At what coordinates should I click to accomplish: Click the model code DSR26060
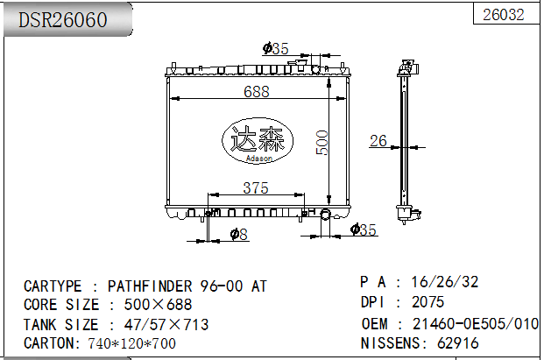64,19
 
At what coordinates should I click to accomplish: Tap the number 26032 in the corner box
505,14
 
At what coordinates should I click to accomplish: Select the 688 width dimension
256,91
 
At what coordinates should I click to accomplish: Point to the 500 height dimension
321,142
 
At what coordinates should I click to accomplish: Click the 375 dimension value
255,188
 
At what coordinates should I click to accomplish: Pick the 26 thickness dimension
378,140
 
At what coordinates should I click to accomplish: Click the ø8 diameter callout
238,233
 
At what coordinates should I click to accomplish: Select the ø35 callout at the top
275,49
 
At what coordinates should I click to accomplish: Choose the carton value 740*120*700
131,342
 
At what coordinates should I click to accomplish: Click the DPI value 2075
428,302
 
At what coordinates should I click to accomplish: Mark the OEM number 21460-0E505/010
475,323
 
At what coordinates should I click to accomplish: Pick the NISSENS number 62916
457,342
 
